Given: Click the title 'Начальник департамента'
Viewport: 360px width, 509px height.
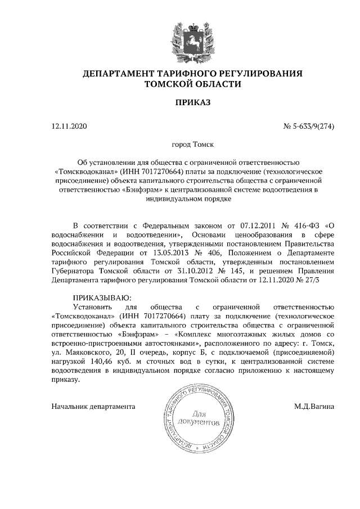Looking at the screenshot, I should click(93, 406).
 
